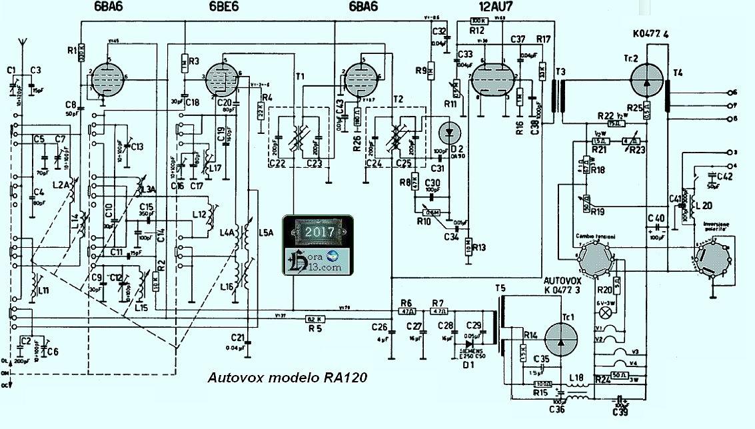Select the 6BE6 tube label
tap(220, 7)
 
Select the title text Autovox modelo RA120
tap(288, 377)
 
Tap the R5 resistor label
tap(317, 330)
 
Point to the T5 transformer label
tap(500, 288)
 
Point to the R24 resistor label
tap(603, 379)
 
